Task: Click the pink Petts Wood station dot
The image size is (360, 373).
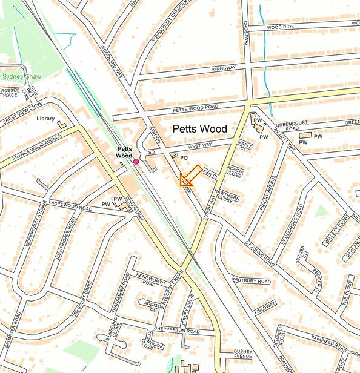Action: [x=136, y=162]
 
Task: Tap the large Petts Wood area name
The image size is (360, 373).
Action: [x=199, y=129]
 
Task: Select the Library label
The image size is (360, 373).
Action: [x=45, y=119]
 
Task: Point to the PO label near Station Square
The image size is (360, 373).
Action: [x=184, y=158]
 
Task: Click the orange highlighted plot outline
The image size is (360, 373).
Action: [x=189, y=176]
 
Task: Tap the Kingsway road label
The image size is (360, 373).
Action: [x=224, y=69]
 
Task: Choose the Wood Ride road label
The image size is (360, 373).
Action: [x=281, y=27]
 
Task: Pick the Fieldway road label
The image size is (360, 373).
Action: [x=265, y=308]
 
